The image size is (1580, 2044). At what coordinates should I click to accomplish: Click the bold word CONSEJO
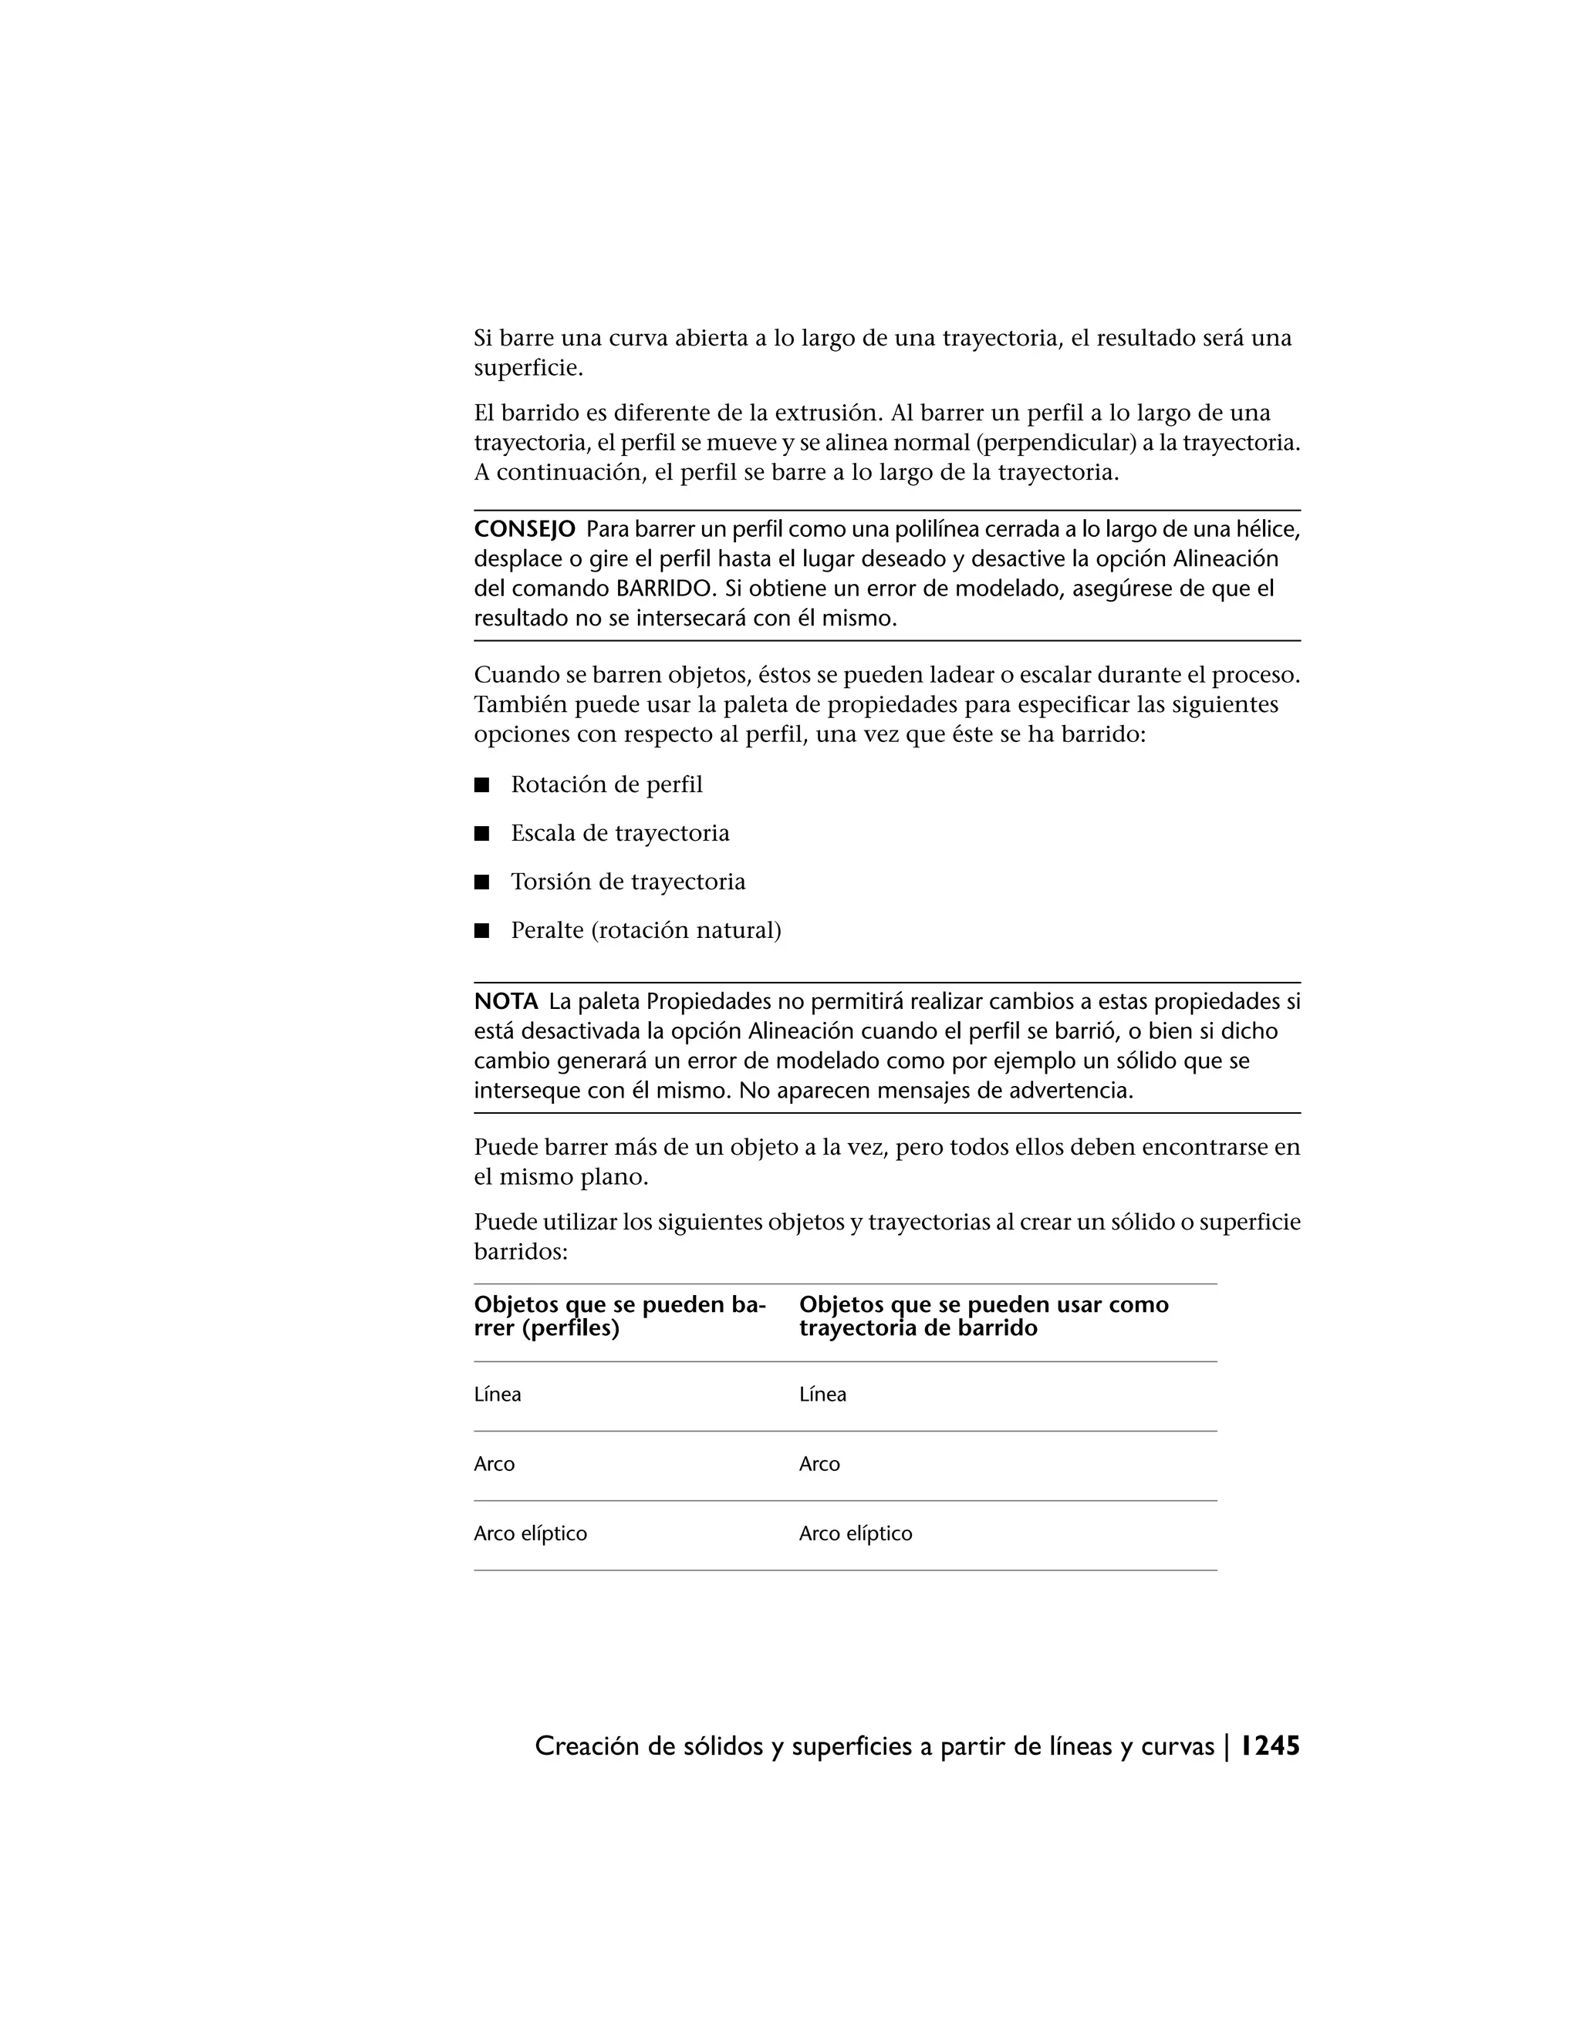[x=524, y=530]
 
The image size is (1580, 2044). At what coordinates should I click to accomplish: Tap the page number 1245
[x=1270, y=1746]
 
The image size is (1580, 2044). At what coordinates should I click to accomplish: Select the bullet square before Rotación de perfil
[x=482, y=785]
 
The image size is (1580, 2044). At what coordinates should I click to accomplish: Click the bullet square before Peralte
[x=482, y=931]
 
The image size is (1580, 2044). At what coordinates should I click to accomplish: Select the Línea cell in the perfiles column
[x=498, y=1395]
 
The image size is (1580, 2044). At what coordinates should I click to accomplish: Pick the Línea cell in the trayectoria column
[x=822, y=1395]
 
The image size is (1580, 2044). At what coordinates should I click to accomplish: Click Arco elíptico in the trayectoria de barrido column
[x=856, y=1533]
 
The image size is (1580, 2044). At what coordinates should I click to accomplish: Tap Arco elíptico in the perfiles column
[x=531, y=1533]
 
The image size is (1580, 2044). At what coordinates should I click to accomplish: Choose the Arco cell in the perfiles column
[x=495, y=1464]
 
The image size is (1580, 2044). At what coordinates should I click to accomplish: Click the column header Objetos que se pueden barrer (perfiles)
[x=620, y=1316]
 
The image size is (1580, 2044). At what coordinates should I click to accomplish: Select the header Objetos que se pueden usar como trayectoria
[x=984, y=1316]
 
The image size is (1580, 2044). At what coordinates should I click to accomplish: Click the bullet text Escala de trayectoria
[x=620, y=834]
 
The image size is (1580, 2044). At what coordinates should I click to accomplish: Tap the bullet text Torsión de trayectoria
[x=628, y=882]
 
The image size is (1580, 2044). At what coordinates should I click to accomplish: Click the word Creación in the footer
[x=587, y=1746]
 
